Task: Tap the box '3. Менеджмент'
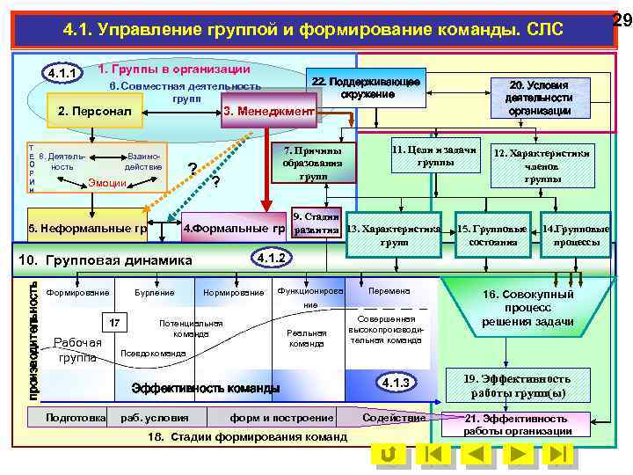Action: (268, 112)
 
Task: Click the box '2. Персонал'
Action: (94, 112)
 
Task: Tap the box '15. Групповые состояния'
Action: (491, 235)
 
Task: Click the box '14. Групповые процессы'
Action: (577, 235)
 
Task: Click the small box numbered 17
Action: (115, 323)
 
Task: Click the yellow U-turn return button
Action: (388, 455)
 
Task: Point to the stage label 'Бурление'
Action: (154, 292)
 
